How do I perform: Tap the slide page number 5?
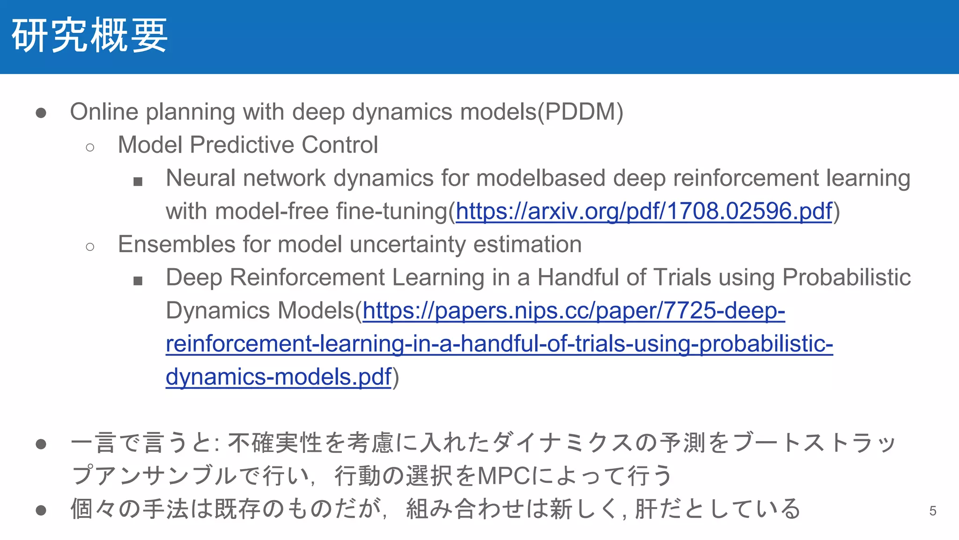932,510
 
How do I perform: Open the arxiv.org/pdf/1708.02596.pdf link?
644,211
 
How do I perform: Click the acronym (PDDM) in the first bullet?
581,112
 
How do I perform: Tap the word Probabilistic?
846,277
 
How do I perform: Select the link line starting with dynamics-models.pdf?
278,377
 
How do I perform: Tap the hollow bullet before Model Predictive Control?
90,148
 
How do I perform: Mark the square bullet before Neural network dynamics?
138,181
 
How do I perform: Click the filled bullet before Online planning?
41,113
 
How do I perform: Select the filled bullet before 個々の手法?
41,510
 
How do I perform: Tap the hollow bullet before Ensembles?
90,247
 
